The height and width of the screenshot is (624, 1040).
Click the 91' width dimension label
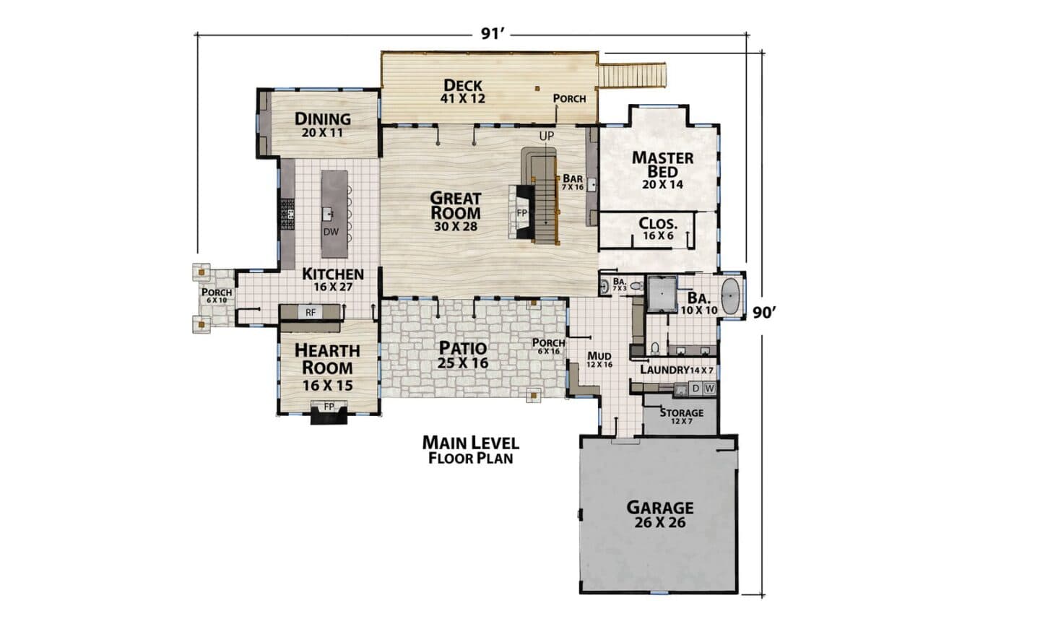click(492, 33)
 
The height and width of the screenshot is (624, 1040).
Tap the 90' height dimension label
click(764, 313)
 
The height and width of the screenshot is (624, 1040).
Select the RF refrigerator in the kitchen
click(310, 313)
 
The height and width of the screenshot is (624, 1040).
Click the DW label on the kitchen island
click(331, 232)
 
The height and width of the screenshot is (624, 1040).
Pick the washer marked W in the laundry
click(709, 388)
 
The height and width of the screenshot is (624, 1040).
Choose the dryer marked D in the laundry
click(695, 388)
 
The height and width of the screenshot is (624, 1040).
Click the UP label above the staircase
click(547, 136)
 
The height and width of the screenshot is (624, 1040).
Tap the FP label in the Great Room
click(522, 212)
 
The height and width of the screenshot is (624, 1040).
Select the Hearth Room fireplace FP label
click(329, 407)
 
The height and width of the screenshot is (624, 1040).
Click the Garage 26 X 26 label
click(660, 514)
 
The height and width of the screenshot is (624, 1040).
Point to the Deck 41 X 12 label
click(463, 92)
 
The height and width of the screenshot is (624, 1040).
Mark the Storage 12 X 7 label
click(682, 416)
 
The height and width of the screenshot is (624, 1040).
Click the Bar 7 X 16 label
click(573, 182)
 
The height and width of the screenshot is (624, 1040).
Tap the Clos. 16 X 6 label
click(658, 229)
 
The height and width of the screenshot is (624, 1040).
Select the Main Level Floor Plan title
click(471, 449)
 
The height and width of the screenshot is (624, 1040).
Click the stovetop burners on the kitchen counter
click(287, 214)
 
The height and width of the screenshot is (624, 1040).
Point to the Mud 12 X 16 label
click(599, 360)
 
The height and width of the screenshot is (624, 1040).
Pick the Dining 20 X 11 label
click(323, 125)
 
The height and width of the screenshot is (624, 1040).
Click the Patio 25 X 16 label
click(463, 355)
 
